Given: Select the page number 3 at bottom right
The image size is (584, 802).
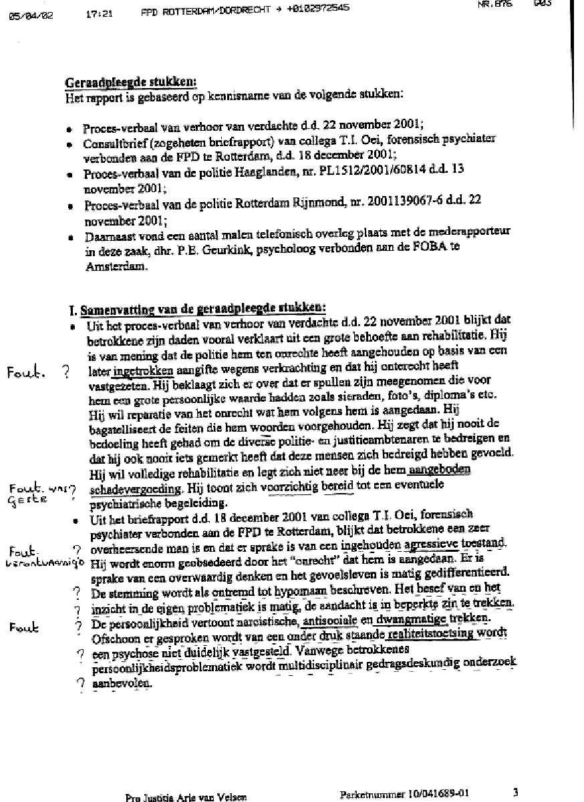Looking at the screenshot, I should (515, 792).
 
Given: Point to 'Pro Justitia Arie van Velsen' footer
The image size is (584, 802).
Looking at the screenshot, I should (186, 797).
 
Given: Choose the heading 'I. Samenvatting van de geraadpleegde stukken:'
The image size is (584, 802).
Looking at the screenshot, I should (197, 310).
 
